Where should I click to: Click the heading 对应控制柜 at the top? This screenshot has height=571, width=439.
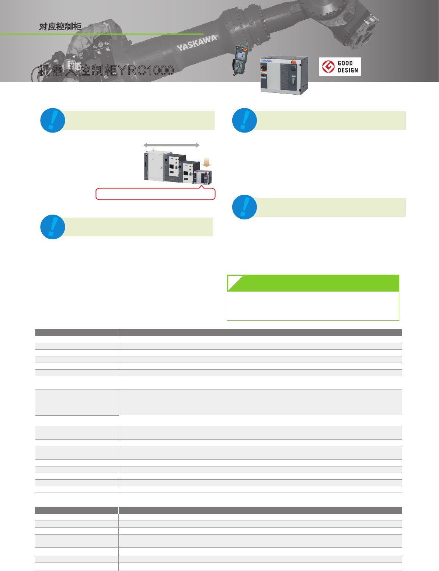[x=60, y=27]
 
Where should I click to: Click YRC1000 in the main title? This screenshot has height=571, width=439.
[x=146, y=70]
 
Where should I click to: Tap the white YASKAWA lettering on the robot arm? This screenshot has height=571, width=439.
[x=196, y=43]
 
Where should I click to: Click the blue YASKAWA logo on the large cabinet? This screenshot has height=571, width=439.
[x=266, y=60]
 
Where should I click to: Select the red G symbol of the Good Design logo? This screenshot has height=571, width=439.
[x=328, y=67]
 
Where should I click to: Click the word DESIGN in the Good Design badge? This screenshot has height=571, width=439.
[x=348, y=70]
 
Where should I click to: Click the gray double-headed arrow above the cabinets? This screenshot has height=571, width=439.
[x=171, y=145]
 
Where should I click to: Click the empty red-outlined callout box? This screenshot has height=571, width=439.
[x=155, y=194]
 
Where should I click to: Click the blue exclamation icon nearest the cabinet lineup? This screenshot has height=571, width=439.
[x=53, y=120]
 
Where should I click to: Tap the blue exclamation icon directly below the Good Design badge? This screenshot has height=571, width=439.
[x=244, y=120]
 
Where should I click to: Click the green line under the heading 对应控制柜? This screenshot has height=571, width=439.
[x=101, y=34]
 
